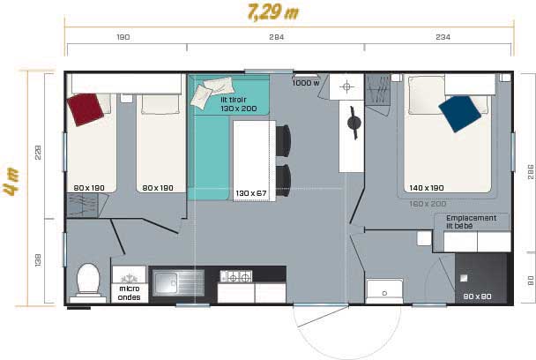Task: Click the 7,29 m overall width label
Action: [x=273, y=13]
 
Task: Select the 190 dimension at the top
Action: [x=123, y=37]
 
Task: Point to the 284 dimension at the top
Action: [x=276, y=37]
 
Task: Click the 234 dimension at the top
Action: [x=441, y=37]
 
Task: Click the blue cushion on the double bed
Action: [x=459, y=112]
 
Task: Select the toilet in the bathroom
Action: [x=88, y=281]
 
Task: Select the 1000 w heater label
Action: [x=305, y=83]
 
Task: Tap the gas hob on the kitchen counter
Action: [x=234, y=277]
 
